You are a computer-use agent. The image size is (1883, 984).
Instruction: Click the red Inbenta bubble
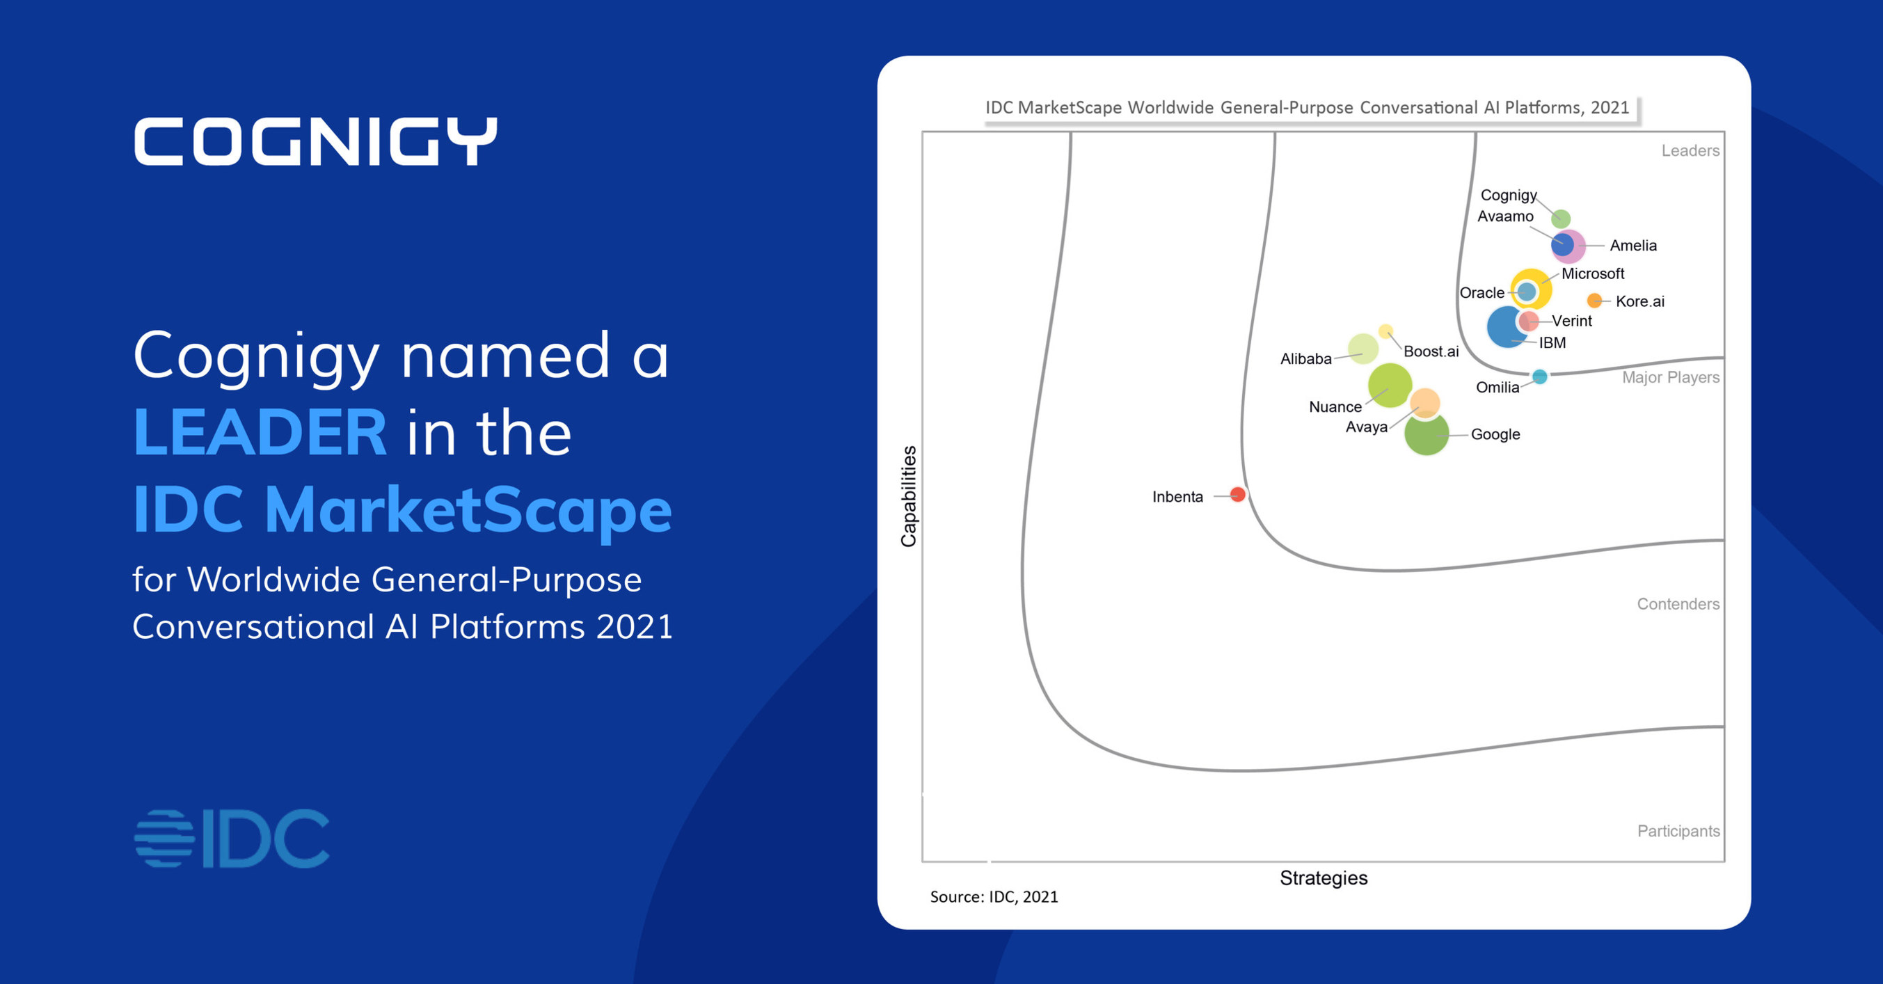pyautogui.click(x=1237, y=495)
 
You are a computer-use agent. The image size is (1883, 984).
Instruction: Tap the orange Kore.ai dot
pyautogui.click(x=1595, y=301)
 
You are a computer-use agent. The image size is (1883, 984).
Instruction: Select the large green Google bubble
pyautogui.click(x=1426, y=434)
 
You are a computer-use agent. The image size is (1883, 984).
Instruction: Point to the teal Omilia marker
pyautogui.click(x=1539, y=376)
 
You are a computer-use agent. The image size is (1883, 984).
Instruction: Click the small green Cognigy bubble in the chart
pyautogui.click(x=1561, y=218)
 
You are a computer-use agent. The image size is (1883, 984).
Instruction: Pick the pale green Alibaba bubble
pyautogui.click(x=1362, y=348)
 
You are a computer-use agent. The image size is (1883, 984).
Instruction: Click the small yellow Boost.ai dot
pyautogui.click(x=1385, y=332)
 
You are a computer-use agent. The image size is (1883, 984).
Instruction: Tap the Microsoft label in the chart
pyautogui.click(x=1593, y=273)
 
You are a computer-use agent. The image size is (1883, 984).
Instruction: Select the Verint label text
pyautogui.click(x=1572, y=320)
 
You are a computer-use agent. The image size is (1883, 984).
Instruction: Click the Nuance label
pyautogui.click(x=1335, y=406)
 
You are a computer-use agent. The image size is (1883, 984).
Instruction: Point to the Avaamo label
pyautogui.click(x=1505, y=216)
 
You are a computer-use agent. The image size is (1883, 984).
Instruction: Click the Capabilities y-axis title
pyautogui.click(x=909, y=496)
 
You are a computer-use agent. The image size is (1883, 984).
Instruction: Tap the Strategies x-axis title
pyautogui.click(x=1323, y=878)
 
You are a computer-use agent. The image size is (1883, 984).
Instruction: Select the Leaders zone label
pyautogui.click(x=1690, y=150)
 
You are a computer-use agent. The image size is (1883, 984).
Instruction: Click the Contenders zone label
pyautogui.click(x=1678, y=604)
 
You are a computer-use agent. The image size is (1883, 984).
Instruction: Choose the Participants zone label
pyautogui.click(x=1678, y=831)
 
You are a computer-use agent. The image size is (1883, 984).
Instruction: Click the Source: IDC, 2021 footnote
pyautogui.click(x=994, y=897)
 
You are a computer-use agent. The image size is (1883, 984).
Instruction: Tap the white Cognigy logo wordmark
pyautogui.click(x=316, y=141)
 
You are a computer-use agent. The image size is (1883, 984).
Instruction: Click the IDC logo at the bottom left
pyautogui.click(x=232, y=839)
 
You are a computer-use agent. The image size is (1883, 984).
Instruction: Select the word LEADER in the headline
pyautogui.click(x=260, y=432)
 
